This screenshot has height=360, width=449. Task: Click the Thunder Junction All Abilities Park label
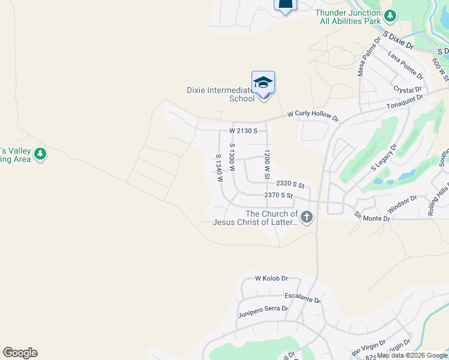tap(348, 17)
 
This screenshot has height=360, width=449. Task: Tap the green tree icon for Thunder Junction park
tap(391, 15)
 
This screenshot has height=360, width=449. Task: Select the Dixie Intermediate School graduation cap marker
tap(263, 82)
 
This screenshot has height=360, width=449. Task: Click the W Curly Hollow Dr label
tap(313, 115)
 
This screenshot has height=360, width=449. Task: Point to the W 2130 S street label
tap(243, 130)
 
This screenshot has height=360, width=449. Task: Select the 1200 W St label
tap(266, 165)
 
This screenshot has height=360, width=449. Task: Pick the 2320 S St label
tap(291, 185)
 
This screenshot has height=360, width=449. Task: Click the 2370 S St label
tap(279, 196)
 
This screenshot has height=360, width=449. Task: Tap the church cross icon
tap(307, 217)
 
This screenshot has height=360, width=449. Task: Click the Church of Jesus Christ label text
tap(255, 218)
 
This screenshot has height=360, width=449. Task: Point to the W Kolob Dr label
tap(272, 278)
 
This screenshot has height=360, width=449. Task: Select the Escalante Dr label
tap(303, 298)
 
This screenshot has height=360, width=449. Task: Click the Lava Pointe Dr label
tap(406, 65)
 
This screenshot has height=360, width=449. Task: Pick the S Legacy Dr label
tap(385, 157)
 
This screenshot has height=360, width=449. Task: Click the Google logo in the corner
tap(20, 353)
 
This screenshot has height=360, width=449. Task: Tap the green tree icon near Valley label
tap(40, 154)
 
